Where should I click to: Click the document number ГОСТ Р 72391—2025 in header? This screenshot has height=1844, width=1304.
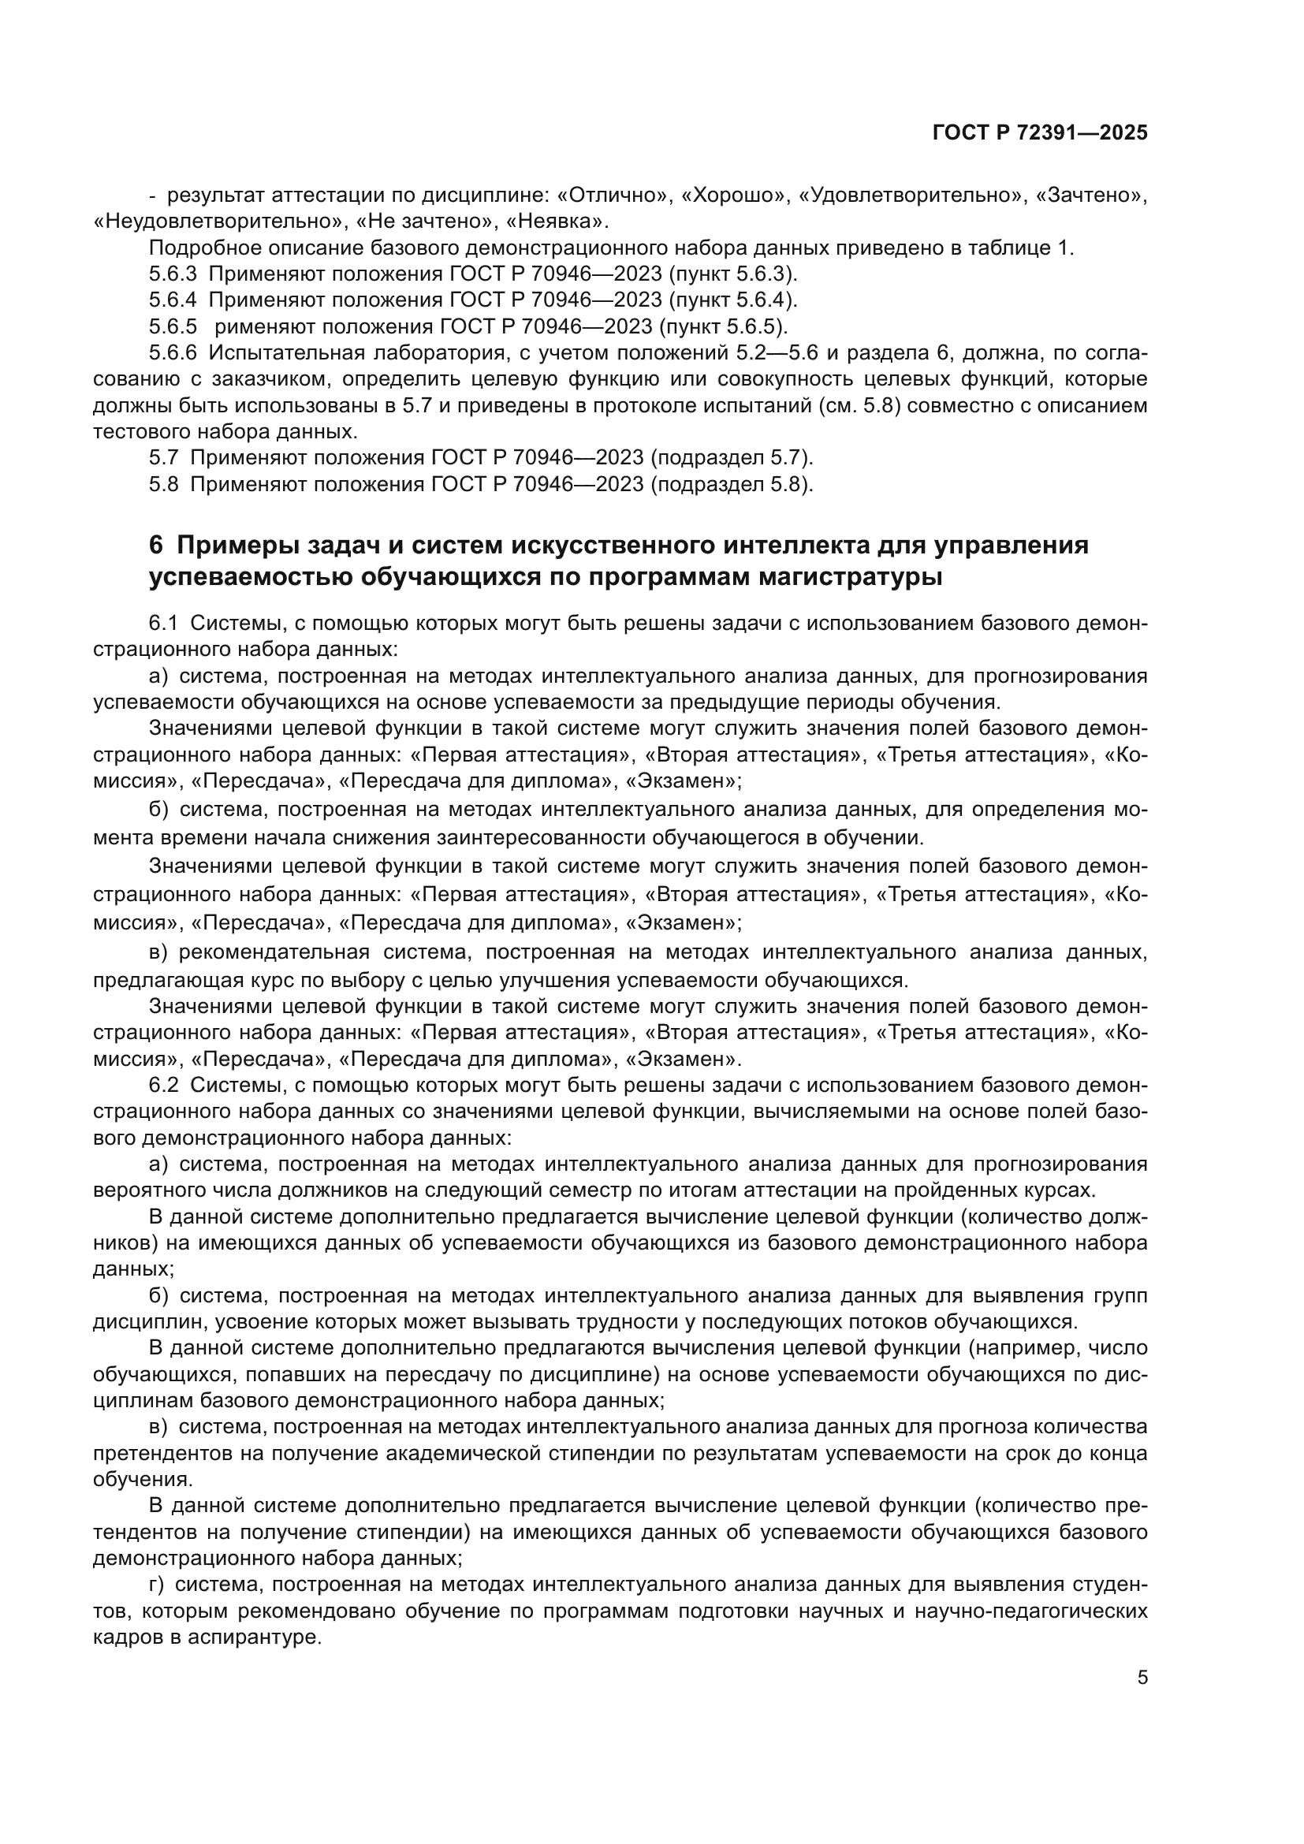[x=1040, y=133]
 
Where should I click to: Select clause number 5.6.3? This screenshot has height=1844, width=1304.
[x=173, y=274]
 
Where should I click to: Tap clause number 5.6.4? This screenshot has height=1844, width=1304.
[x=173, y=300]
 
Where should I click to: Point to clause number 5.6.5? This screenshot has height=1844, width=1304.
[x=173, y=327]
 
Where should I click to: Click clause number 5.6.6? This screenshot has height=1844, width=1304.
[x=173, y=352]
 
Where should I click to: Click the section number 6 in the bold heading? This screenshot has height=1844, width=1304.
[x=156, y=546]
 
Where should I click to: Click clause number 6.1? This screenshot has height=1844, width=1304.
[x=163, y=624]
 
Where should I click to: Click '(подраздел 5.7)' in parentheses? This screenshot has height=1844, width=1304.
[x=732, y=458]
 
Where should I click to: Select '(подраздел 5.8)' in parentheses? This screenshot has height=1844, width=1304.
[x=732, y=484]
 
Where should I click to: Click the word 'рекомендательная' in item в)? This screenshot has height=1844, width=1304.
[x=274, y=952]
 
